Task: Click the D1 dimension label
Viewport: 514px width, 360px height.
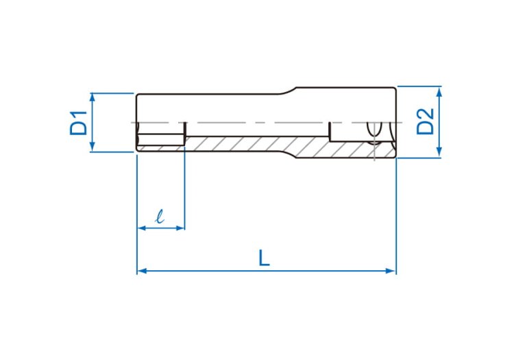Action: point(79,123)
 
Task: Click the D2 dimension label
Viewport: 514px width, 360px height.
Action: point(425,121)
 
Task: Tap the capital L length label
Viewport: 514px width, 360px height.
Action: point(264,258)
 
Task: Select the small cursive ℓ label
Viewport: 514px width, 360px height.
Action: point(160,217)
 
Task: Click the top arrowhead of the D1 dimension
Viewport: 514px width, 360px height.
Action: point(92,97)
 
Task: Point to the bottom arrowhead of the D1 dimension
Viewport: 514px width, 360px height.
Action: point(92,147)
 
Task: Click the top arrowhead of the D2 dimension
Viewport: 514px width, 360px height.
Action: point(439,91)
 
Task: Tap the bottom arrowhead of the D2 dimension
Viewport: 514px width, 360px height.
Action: point(439,153)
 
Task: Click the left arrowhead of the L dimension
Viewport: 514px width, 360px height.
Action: point(142,271)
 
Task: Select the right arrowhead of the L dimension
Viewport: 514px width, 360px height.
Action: point(391,271)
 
